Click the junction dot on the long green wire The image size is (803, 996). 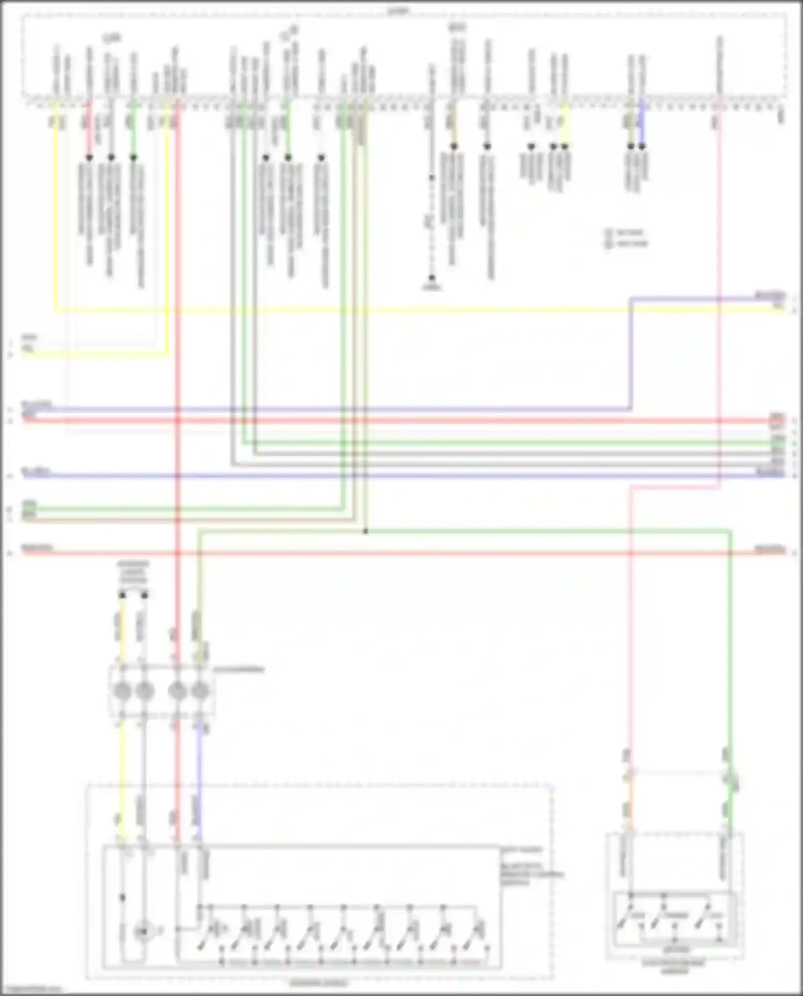[x=366, y=531]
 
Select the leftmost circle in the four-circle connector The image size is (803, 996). [x=123, y=691]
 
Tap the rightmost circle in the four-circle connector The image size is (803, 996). [x=200, y=691]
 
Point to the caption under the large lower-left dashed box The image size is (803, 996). [x=319, y=983]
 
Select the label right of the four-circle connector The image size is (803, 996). [x=239, y=670]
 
